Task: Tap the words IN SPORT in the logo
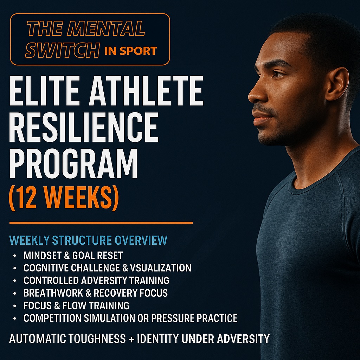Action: tap(131, 51)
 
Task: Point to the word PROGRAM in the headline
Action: tap(73, 163)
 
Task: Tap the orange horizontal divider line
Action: tap(101, 223)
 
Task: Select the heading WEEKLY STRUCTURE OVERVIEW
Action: tap(88, 240)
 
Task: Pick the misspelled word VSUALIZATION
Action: tap(161, 268)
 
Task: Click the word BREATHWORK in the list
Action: tap(53, 293)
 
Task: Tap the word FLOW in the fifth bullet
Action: tap(75, 306)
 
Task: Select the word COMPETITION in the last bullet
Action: tap(52, 318)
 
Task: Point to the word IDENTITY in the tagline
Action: tap(158, 339)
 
